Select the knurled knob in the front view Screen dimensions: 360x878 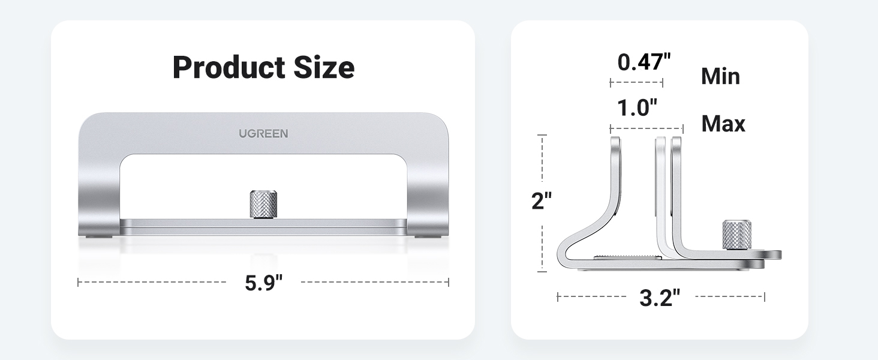tap(263, 205)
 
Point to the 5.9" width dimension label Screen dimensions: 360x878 tap(263, 283)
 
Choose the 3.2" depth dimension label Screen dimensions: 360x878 tap(660, 297)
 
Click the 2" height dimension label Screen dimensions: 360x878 tap(542, 201)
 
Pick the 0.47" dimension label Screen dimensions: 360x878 tap(644, 62)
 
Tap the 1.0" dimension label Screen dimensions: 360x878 tap(638, 108)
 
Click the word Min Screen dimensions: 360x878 tap(720, 77)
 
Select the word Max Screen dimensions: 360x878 tap(723, 124)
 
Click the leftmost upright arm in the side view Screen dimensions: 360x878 tap(615, 174)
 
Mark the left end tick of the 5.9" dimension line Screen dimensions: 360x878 tap(79, 282)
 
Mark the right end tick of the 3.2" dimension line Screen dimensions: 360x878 tap(764, 296)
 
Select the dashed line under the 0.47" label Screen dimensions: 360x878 tap(636, 83)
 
